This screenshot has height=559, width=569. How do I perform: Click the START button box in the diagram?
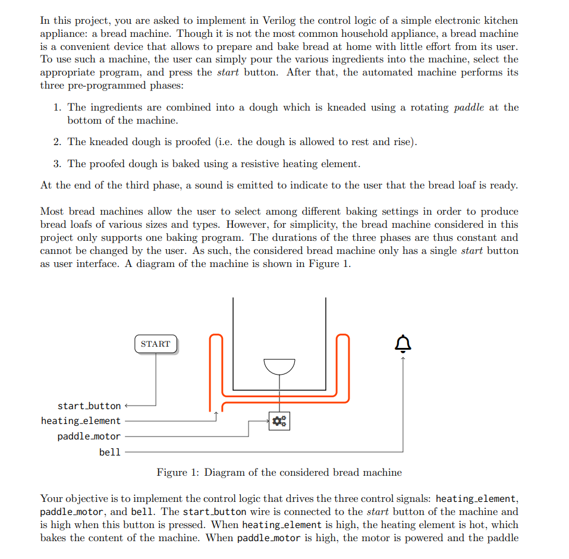point(156,344)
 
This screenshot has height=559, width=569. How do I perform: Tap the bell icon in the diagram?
point(403,343)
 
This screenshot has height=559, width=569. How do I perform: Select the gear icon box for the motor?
point(279,421)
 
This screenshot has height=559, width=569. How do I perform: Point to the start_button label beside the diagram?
point(89,406)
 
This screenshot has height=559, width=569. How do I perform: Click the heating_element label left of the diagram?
point(80,421)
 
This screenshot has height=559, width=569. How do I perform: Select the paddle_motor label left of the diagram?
point(89,436)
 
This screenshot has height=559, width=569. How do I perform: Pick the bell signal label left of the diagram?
point(109,452)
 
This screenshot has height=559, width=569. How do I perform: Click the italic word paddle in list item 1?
point(469,108)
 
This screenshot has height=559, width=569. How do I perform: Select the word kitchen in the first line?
point(498,20)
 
